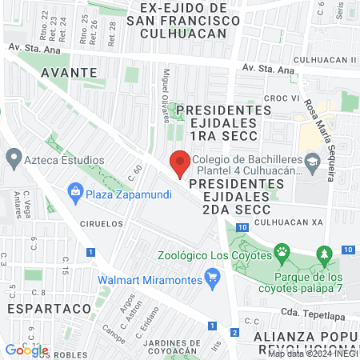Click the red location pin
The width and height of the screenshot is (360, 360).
click(180, 165)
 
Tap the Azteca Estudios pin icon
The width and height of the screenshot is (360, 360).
click(14, 157)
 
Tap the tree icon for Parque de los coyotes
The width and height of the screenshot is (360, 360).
click(324, 254)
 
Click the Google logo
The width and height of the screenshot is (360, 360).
click(26, 350)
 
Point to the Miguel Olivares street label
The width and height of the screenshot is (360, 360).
click(167, 97)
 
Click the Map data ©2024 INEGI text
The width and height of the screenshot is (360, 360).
click(313, 353)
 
